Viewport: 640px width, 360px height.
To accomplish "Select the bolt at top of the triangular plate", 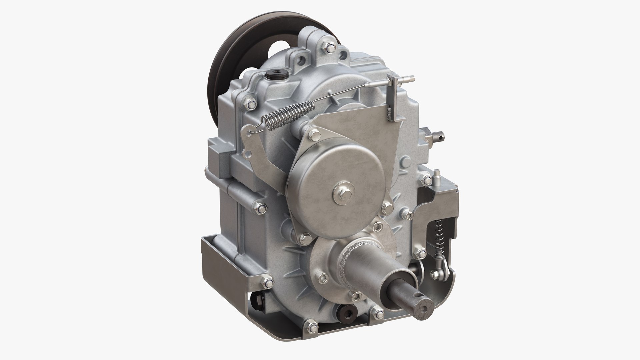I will click(x=314, y=134).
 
